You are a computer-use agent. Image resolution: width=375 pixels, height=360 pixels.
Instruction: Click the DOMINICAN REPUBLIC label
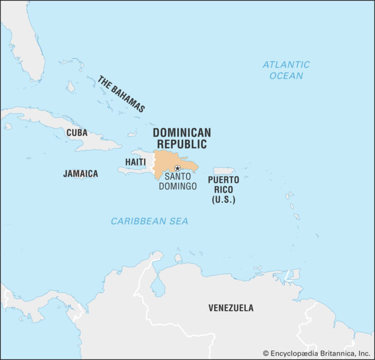click(181, 138)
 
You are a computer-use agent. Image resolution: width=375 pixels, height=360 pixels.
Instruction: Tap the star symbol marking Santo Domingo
click(177, 168)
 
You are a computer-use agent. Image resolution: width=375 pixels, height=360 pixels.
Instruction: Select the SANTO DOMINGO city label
click(178, 181)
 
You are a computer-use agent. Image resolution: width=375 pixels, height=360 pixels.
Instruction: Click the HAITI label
click(135, 162)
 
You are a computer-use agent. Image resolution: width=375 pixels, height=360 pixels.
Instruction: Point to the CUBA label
click(77, 133)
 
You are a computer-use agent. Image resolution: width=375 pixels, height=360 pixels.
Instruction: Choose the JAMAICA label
click(80, 174)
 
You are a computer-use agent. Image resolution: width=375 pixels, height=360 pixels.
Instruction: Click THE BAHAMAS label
click(122, 94)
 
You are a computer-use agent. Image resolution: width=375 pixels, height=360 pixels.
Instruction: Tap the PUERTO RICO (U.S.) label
click(223, 190)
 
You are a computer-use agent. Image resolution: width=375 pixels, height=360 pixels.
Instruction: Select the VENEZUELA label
click(231, 308)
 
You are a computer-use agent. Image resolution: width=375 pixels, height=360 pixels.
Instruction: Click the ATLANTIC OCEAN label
click(286, 70)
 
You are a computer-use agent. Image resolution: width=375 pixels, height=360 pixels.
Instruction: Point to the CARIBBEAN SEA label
click(149, 221)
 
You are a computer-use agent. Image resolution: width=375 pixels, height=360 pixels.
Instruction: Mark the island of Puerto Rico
click(224, 171)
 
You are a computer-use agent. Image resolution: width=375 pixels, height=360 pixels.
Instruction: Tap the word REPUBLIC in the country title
click(181, 144)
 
